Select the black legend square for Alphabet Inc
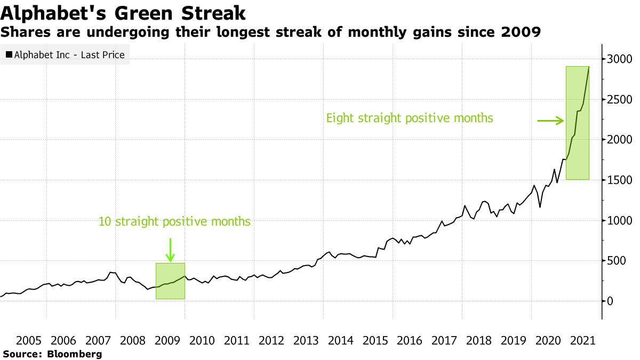(9, 54)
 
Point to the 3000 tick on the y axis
(620, 59)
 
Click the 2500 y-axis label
(620, 99)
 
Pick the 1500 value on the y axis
(620, 180)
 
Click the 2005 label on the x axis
(29, 340)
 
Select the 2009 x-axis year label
(167, 340)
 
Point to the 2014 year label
(340, 340)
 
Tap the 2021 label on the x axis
(582, 340)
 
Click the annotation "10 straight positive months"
(174, 221)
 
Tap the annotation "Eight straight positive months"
(410, 118)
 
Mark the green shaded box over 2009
(170, 281)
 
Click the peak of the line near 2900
(589, 67)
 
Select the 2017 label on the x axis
(444, 340)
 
